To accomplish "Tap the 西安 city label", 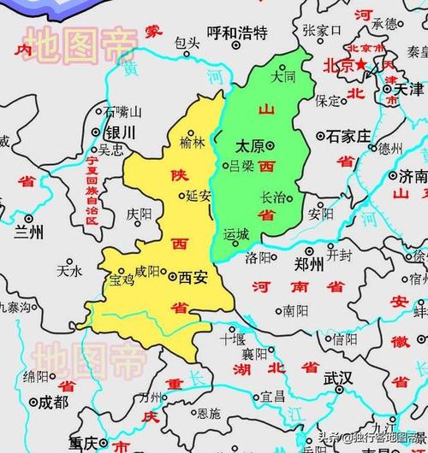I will (193, 277).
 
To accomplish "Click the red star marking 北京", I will (362, 65).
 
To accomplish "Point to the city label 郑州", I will (306, 264).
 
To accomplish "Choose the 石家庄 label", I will (348, 136).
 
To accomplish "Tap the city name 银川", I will (117, 133).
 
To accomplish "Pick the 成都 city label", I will (49, 400).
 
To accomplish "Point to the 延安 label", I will (198, 195).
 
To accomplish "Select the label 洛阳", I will (259, 256).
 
